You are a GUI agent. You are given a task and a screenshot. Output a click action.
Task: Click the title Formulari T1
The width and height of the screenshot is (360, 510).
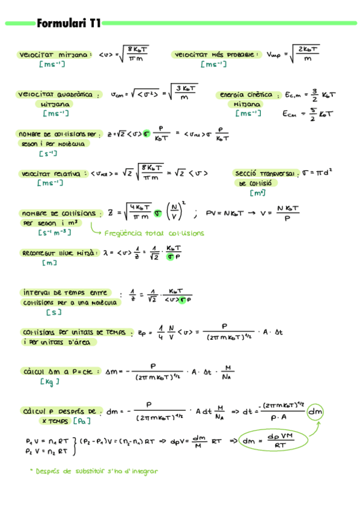(x=69, y=24)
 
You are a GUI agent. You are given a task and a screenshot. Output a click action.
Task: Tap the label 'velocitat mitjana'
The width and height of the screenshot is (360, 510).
(x=55, y=55)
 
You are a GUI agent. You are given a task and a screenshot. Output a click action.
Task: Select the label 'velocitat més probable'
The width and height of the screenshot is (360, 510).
(x=216, y=55)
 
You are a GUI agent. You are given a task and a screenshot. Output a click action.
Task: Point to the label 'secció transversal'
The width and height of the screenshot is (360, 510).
(x=265, y=173)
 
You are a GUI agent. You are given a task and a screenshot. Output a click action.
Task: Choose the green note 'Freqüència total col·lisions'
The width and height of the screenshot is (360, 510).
(x=154, y=233)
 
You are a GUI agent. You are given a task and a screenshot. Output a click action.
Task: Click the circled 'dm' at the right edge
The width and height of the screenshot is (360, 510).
(x=315, y=412)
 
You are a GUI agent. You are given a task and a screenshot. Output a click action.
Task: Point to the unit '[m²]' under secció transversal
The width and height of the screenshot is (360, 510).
(x=258, y=193)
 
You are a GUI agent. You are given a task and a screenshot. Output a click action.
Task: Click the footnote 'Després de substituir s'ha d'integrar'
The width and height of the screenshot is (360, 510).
(x=96, y=471)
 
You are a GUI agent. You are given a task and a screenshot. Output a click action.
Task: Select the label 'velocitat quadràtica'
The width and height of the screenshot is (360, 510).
(x=58, y=95)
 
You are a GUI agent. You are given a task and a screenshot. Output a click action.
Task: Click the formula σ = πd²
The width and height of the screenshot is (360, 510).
(x=316, y=173)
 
